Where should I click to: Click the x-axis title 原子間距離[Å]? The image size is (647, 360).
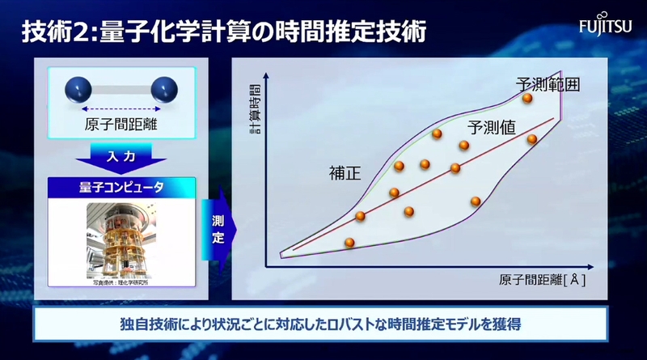542,281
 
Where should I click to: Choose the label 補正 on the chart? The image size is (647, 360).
344,172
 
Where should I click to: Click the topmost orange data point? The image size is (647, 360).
526,98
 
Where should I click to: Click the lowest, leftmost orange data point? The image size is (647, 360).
349,242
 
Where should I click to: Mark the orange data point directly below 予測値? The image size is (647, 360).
464,146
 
